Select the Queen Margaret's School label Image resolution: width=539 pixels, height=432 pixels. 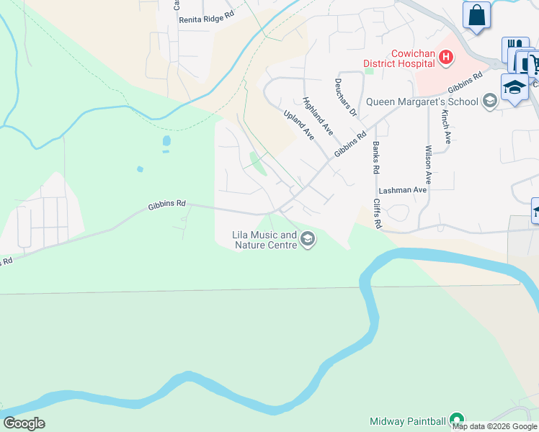pyautogui.click(x=422, y=102)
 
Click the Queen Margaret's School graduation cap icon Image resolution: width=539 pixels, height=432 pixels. pyautogui.click(x=490, y=101)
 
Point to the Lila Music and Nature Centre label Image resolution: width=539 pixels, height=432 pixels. pyautogui.click(x=264, y=240)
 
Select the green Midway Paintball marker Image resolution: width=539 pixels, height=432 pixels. pyautogui.click(x=455, y=419)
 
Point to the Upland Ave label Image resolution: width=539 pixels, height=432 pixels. pyautogui.click(x=299, y=125)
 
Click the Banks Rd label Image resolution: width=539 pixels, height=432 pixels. pyautogui.click(x=375, y=158)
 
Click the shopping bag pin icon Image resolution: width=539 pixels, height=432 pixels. pyautogui.click(x=476, y=14)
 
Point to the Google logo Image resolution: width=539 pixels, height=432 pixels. pyautogui.click(x=24, y=423)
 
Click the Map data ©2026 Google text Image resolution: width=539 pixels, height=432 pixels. pyautogui.click(x=495, y=426)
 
